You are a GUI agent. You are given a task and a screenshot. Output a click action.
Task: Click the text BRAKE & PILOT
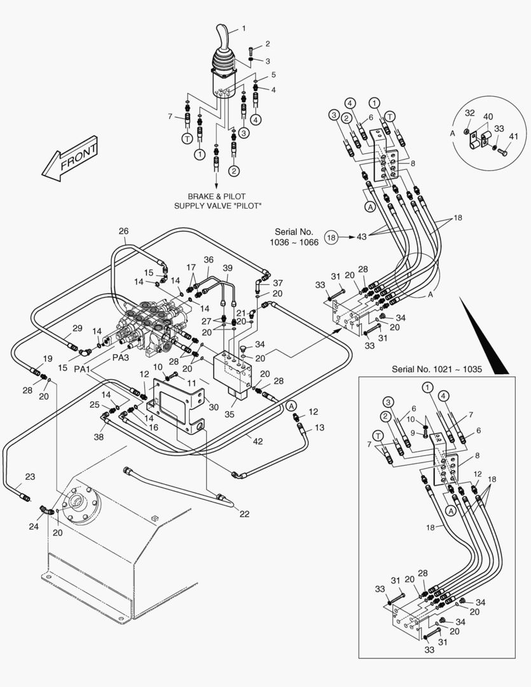216,197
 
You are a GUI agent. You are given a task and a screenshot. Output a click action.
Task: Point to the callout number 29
77,328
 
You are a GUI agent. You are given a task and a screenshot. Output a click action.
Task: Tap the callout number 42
257,440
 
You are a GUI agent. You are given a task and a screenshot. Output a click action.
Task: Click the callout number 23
30,476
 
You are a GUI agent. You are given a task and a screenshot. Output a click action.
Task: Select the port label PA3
121,357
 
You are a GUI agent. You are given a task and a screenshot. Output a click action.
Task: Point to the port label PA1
83,369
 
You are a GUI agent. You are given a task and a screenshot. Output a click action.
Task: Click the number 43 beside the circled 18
361,237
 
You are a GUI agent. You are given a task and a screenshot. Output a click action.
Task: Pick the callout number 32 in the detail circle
469,113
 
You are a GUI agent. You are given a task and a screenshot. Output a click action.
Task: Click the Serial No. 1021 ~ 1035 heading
436,369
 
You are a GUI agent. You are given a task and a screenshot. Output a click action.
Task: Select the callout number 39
228,268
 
